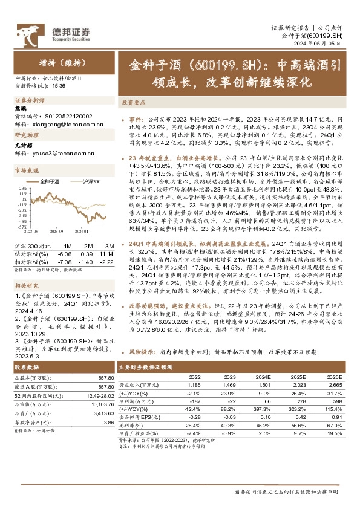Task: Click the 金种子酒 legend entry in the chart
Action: click(52, 181)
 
